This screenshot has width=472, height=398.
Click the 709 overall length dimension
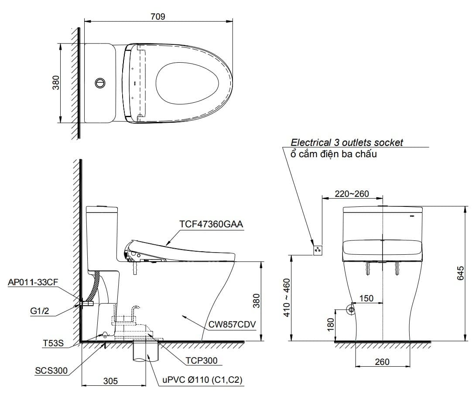coord(157,17)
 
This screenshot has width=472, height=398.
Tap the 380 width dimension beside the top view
coord(56,83)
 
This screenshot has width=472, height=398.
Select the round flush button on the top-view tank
coord(100,82)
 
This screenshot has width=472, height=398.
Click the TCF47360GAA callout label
coord(211,224)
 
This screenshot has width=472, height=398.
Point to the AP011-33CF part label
coord(33,282)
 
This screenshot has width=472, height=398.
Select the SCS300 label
coord(51,371)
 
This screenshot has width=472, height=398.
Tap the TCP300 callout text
coord(201,360)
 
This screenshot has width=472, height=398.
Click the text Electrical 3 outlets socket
coord(347,142)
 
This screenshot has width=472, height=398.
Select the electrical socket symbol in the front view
coord(318,250)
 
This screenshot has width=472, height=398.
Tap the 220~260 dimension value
coord(352,194)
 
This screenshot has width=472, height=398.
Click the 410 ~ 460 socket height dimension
coord(287,297)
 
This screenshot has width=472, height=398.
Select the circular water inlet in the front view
coord(350,309)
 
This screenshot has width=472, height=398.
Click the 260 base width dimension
coord(382,362)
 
